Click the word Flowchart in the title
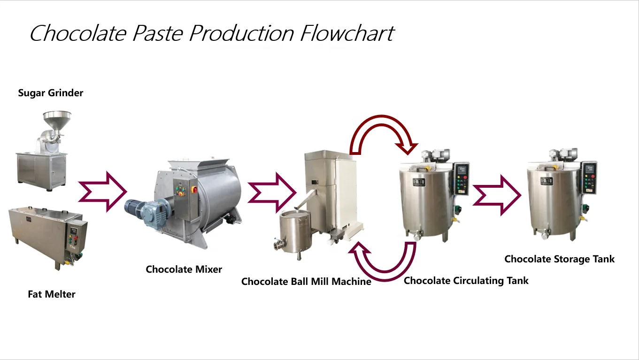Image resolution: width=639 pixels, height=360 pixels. pos(346,34)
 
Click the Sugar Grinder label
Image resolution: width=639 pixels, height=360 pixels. pos(51,93)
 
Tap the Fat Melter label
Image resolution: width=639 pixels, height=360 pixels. pos(52,295)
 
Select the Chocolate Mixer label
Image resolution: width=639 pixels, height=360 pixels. pos(184,269)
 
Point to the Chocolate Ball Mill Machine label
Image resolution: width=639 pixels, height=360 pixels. pos(306,282)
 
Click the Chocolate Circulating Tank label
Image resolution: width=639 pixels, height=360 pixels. pos(466,281)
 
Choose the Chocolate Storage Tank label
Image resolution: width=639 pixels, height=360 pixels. pos(559,259)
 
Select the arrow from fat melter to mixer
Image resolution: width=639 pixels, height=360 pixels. pos(102,191)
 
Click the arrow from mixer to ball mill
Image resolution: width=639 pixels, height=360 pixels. pos(271,193)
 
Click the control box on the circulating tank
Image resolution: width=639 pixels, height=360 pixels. pos(462,178)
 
